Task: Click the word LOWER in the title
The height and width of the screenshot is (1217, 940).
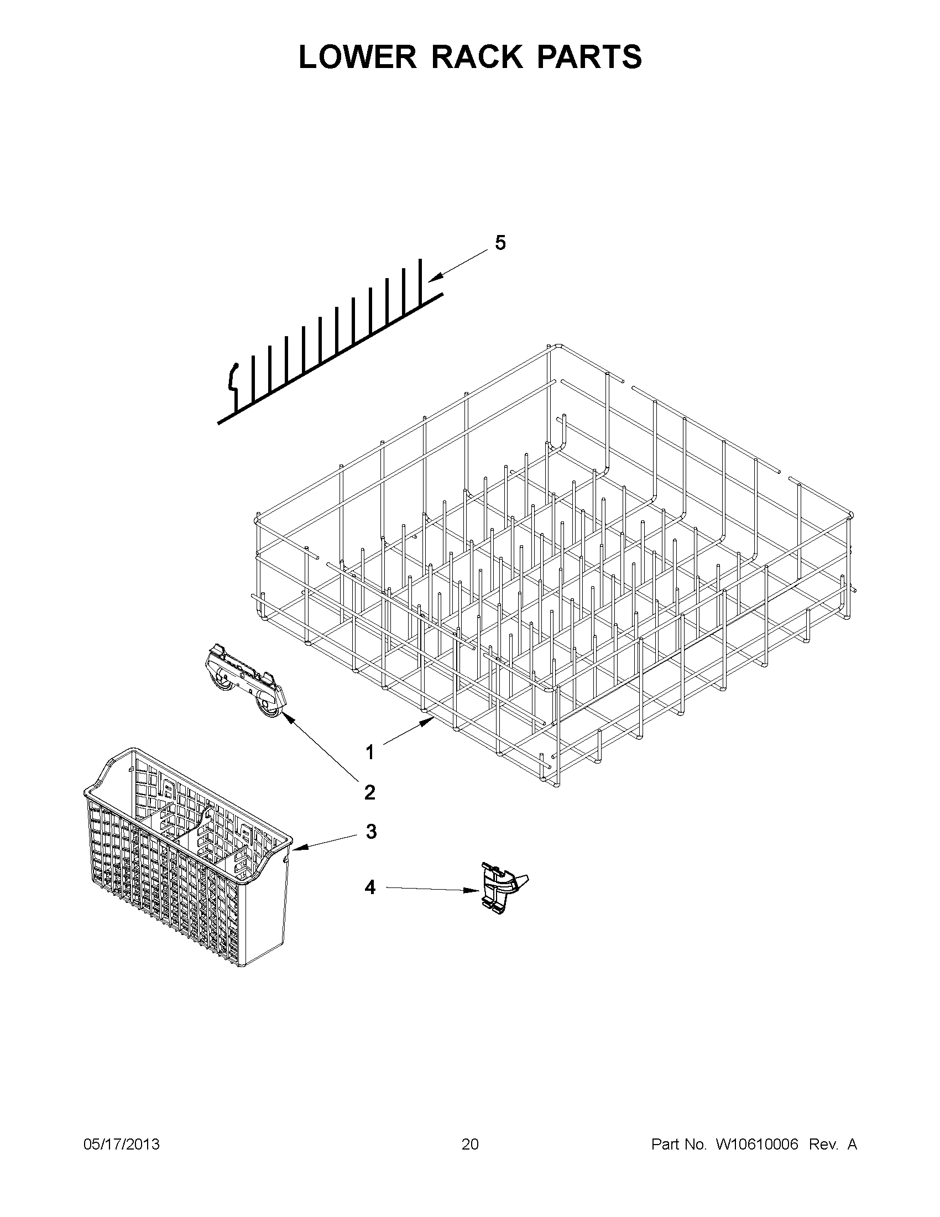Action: (357, 57)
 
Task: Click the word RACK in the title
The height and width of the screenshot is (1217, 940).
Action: (478, 57)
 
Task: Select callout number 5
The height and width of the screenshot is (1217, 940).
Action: (500, 243)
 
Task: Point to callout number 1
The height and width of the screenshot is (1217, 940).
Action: (370, 753)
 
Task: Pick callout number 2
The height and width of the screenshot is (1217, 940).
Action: (370, 792)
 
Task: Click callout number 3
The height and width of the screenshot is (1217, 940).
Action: (371, 848)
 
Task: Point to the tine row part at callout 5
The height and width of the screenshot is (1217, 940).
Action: (329, 346)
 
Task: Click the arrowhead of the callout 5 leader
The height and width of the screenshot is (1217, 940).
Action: (431, 279)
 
